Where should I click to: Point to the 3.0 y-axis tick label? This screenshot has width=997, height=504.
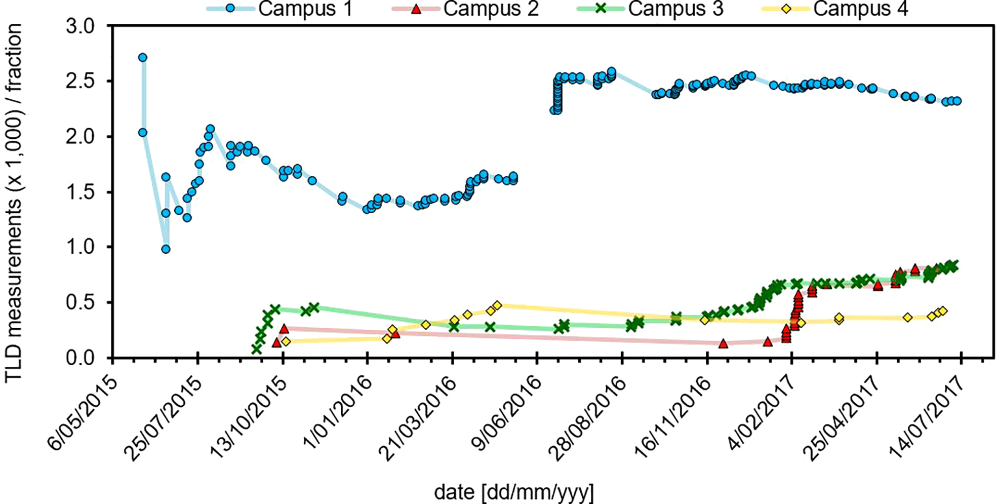pos(81,26)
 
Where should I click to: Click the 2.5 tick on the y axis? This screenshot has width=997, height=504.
pos(81,82)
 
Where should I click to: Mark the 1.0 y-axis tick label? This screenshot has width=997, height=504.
pos(81,247)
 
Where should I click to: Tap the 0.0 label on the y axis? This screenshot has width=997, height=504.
pos(81,358)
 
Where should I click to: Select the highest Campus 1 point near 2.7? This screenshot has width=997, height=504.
pos(143,58)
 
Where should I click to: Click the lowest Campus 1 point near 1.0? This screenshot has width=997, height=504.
pos(166,249)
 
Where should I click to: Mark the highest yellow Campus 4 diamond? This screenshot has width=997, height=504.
pos(497,305)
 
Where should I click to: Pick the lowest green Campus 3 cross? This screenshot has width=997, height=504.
pos(256,349)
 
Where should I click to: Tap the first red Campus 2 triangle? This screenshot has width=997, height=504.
pos(276,342)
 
